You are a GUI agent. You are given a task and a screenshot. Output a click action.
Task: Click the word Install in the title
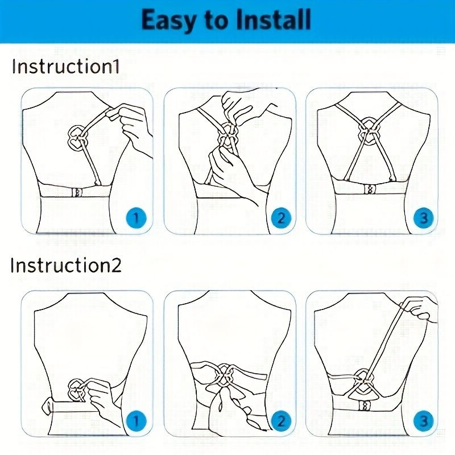[273, 20]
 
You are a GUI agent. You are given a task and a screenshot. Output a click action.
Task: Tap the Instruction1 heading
[66, 67]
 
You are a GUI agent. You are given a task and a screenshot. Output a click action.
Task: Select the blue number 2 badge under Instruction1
[280, 217]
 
